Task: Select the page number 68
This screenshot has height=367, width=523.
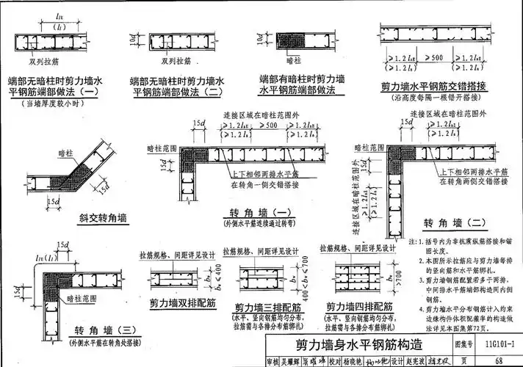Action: point(497,360)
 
